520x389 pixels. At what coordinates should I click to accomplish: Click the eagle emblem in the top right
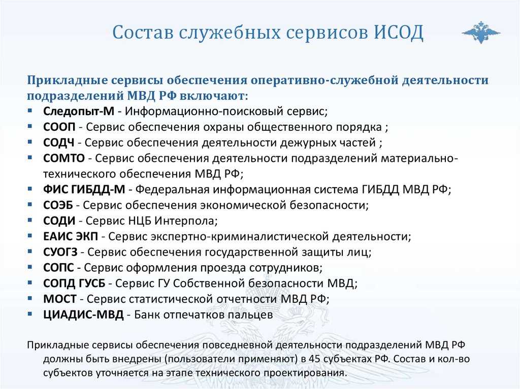480,32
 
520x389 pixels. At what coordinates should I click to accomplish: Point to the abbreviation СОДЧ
60,142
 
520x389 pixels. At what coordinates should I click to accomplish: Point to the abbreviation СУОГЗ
62,252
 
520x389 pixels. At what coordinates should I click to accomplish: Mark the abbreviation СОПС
59,268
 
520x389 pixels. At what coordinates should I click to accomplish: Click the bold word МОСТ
60,299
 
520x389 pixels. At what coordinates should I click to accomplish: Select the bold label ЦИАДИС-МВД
83,315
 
